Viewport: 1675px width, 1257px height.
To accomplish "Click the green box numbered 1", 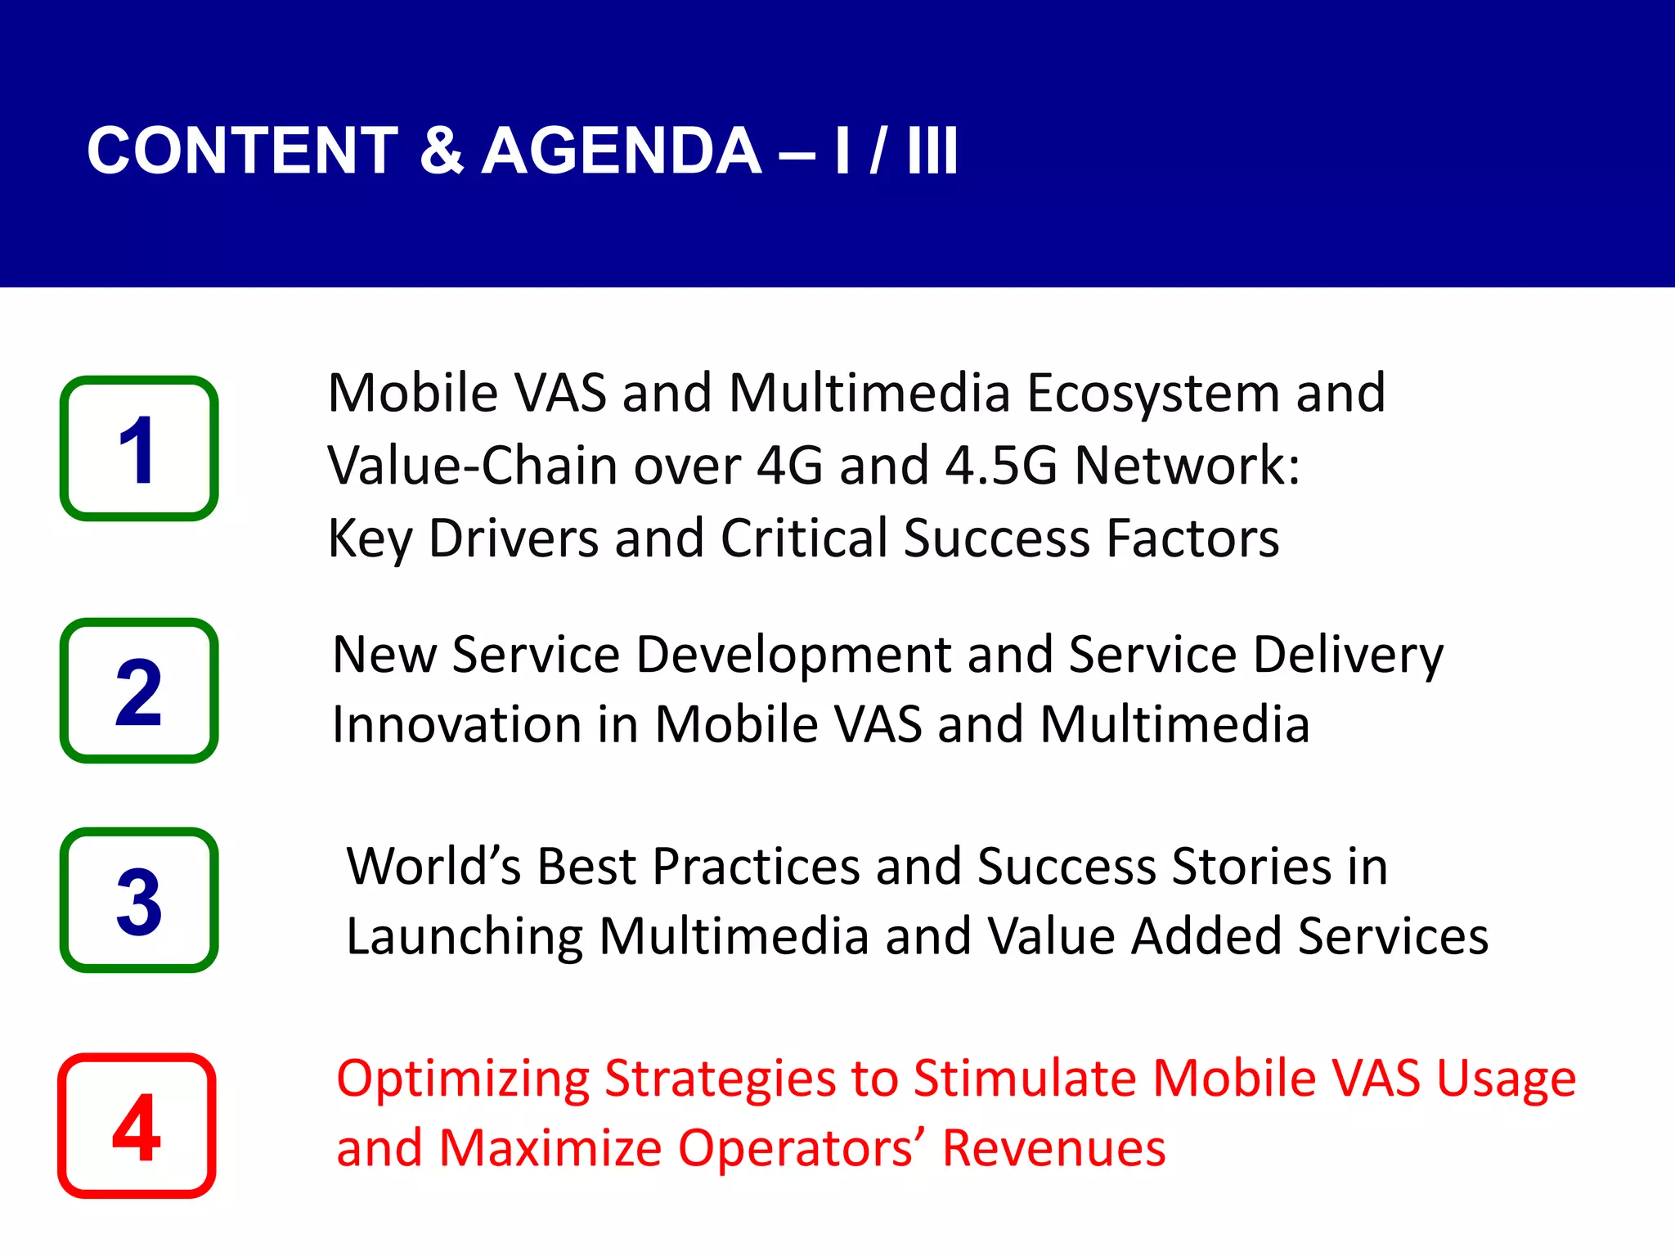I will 139,448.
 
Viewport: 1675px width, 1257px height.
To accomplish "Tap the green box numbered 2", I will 139,691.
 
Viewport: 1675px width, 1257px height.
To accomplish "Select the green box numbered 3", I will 139,900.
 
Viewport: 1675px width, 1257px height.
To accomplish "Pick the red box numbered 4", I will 137,1126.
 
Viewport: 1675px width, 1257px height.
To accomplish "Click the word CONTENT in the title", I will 242,151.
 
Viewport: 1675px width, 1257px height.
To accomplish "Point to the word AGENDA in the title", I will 622,151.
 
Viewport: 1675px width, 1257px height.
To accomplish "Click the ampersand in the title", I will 442,151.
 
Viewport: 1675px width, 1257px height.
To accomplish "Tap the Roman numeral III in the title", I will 932,151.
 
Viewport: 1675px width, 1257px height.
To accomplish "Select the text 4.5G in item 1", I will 1001,466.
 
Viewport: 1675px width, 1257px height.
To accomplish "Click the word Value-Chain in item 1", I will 473,466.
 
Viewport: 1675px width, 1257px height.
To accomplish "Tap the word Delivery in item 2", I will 1348,656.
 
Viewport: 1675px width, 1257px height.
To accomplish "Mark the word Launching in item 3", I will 465,936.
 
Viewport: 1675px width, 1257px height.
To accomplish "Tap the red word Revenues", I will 1053,1148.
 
